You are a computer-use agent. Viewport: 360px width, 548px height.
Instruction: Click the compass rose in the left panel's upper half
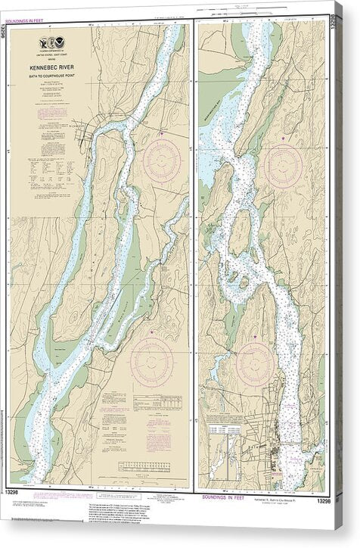(x=162, y=160)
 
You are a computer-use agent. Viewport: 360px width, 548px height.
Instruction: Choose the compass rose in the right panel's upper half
(x=284, y=166)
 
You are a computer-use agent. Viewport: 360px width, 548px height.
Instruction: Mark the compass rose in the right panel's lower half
(x=254, y=364)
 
